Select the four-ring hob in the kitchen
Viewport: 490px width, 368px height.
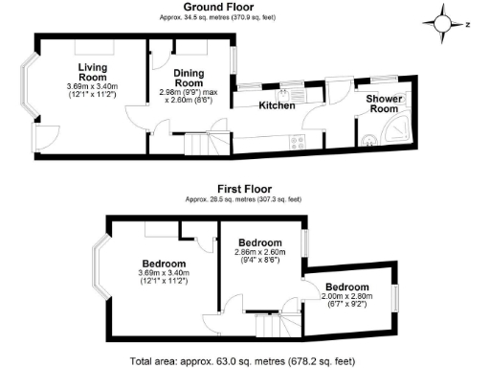click(x=298, y=142)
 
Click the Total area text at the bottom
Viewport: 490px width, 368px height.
click(x=244, y=361)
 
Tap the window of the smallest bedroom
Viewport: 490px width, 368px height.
click(x=393, y=298)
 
